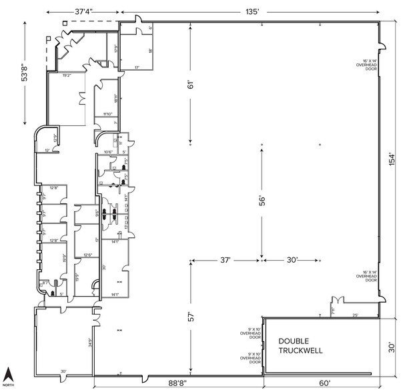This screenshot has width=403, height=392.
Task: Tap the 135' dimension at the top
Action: point(253,11)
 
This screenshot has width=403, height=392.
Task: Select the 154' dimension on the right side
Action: point(393,159)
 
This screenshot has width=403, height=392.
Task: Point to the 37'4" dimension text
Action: point(84,11)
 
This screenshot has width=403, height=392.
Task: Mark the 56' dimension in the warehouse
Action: point(262,200)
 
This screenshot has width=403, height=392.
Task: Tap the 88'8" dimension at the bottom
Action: point(177,383)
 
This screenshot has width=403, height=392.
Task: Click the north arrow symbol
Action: point(8,376)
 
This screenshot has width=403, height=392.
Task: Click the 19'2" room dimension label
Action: point(67,75)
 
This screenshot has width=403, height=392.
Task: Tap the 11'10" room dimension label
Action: point(108,114)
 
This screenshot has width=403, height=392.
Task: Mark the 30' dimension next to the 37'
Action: point(291,259)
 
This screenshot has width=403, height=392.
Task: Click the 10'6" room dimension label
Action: point(107,152)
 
